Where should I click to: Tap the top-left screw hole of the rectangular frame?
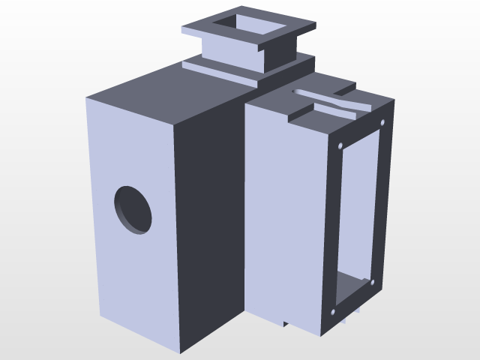tap(341, 145)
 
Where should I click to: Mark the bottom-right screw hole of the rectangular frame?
tap(373, 282)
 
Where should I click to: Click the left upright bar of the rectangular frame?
tap(335, 225)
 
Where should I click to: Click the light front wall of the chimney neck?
tap(229, 52)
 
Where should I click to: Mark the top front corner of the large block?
tap(174, 123)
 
